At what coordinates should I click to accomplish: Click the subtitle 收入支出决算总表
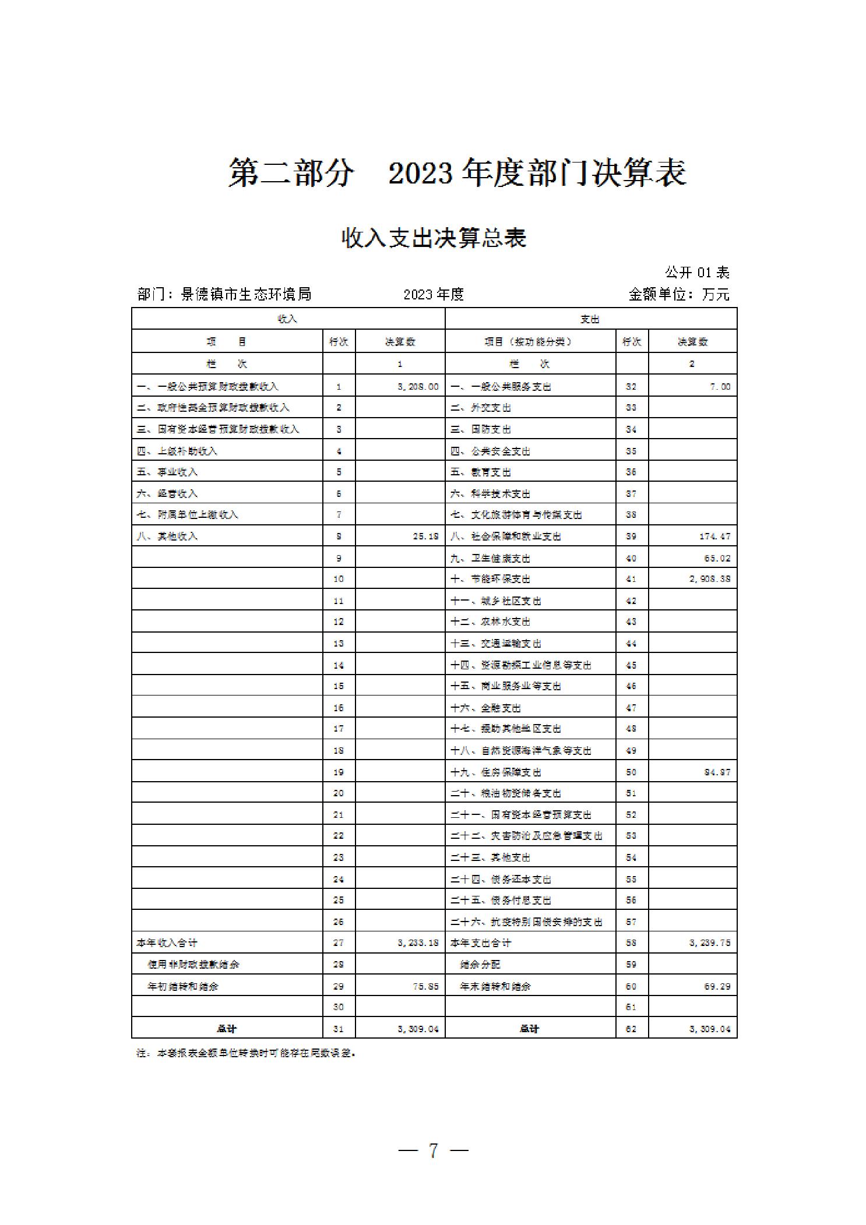pos(434,238)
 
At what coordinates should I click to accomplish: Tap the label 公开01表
pos(697,272)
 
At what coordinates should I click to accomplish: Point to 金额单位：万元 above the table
pos(679,294)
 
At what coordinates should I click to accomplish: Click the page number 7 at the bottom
pos(433,1150)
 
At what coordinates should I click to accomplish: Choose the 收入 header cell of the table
pos(288,319)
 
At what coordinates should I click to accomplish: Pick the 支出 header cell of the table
pos(590,319)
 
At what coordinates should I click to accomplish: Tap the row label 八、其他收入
pos(167,536)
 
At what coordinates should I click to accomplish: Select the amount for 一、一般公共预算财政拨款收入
pos(418,386)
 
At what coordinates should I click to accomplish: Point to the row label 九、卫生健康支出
pos(490,558)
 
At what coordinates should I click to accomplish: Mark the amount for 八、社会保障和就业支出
pos(714,536)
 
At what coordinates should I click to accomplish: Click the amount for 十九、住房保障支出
pos(717,772)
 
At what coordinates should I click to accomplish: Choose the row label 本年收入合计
pos(167,942)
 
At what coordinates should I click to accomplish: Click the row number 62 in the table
pos(631,1029)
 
